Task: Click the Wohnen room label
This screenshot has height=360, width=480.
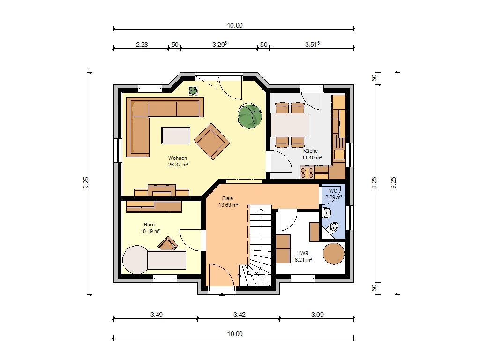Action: coord(178,158)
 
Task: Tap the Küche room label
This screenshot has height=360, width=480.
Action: coord(310,151)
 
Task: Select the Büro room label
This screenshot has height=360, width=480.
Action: coord(150,225)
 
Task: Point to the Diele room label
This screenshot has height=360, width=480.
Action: coord(227,198)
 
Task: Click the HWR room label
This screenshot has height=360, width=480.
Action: coord(303,254)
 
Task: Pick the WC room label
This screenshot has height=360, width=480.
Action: coord(333,191)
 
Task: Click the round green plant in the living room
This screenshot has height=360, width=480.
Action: coord(250,116)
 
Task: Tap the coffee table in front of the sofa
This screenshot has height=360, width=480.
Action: coord(176,135)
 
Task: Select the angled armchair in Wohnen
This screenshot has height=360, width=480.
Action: coord(212,141)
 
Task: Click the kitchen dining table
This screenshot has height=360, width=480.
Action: coord(290,125)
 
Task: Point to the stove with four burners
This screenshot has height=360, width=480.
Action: coord(307,172)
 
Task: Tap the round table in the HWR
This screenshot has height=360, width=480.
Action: coord(334,254)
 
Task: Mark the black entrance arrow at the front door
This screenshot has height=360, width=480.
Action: coord(222,294)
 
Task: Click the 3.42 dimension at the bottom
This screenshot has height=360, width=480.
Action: coord(240,315)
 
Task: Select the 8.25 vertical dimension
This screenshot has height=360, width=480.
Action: coord(374,183)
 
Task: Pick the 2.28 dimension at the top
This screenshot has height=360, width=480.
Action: coord(142,45)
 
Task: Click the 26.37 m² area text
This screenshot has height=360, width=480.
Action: coord(178,165)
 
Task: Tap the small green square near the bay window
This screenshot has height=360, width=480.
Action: coord(193,91)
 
